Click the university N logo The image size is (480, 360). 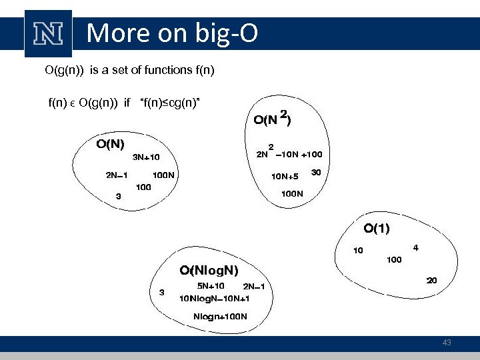click(48, 33)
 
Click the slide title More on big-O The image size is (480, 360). click(172, 33)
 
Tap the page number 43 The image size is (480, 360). click(447, 343)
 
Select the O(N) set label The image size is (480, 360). click(111, 143)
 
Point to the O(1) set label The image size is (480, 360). click(377, 228)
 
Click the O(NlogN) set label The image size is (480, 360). click(208, 270)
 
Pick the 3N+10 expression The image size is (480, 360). click(146, 158)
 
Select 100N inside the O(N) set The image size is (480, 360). click(163, 175)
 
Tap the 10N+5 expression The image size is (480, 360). click(284, 177)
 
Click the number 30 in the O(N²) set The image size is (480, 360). click(316, 172)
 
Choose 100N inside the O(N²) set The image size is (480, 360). click(292, 194)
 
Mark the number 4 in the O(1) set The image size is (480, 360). click(415, 247)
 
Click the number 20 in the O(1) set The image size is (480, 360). click(431, 281)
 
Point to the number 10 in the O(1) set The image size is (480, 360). click(358, 251)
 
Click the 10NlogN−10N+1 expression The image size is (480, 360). click(215, 298)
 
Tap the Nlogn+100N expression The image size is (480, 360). click(220, 315)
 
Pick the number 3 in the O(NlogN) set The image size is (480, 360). click(161, 292)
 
